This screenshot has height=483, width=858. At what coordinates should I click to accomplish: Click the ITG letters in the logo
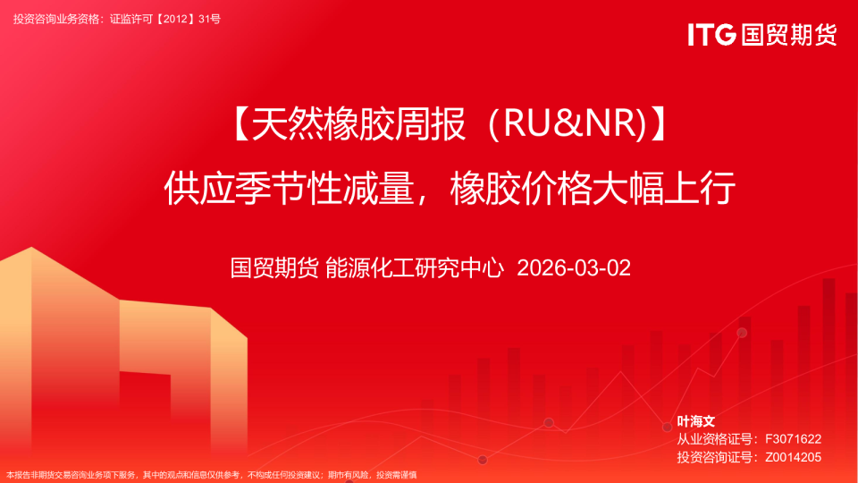tap(711, 35)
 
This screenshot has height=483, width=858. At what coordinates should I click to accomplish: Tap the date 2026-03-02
tap(574, 267)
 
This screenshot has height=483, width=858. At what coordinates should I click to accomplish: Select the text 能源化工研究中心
tap(415, 267)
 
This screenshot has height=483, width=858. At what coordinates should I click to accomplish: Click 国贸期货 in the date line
tap(273, 267)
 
